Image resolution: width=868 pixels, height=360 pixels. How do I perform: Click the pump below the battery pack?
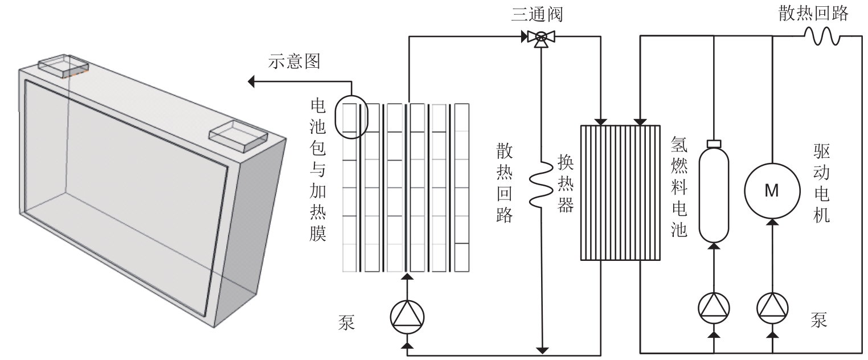(407, 317)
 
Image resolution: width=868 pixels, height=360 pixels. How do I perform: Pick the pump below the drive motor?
(771, 308)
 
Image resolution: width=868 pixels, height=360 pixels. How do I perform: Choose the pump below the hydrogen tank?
(713, 308)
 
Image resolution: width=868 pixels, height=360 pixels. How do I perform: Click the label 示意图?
(294, 61)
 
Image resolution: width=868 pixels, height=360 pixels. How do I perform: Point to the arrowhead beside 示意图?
(251, 82)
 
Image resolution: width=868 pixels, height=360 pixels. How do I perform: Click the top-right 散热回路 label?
(813, 14)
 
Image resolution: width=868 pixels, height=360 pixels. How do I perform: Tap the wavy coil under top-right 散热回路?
(822, 37)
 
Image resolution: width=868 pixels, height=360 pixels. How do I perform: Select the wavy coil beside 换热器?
(539, 182)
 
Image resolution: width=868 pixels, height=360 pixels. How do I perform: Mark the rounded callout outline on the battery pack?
(351, 117)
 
